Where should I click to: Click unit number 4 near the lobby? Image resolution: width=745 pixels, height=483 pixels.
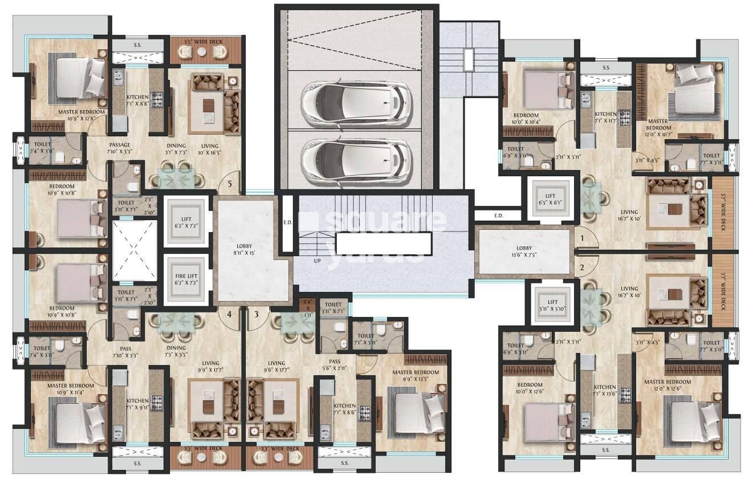point(229,314)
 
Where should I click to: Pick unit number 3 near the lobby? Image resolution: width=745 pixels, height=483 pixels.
point(257,314)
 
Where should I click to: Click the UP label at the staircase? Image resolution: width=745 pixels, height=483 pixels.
point(317,260)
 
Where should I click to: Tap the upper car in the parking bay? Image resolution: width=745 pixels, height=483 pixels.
point(356,103)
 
